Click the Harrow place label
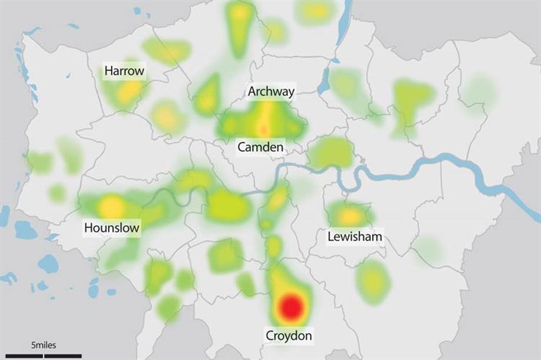click(x=124, y=71)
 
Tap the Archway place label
click(x=270, y=92)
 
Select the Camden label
click(x=261, y=147)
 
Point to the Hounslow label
click(x=112, y=228)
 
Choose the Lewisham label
click(x=354, y=237)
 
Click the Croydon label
click(x=289, y=336)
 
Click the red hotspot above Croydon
click(x=291, y=307)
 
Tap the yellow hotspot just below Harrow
click(x=130, y=90)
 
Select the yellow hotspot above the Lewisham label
click(x=351, y=215)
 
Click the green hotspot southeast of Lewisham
click(x=373, y=280)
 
